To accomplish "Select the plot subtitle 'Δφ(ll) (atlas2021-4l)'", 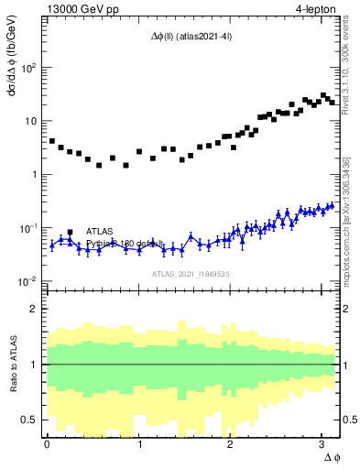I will tap(191, 36).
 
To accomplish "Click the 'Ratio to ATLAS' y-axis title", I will tap(12, 364).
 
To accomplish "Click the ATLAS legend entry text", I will tap(101, 231).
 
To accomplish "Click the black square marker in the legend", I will tap(71, 232).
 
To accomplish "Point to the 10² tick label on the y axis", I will tap(28, 68).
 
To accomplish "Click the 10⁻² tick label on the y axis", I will tap(28, 280).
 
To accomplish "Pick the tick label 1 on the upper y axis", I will tap(35, 174).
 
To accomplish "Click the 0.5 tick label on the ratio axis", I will tap(30, 420).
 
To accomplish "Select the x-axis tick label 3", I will tap(322, 444).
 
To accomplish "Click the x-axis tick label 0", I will tap(47, 444).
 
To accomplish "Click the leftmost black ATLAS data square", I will tap(51, 141).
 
